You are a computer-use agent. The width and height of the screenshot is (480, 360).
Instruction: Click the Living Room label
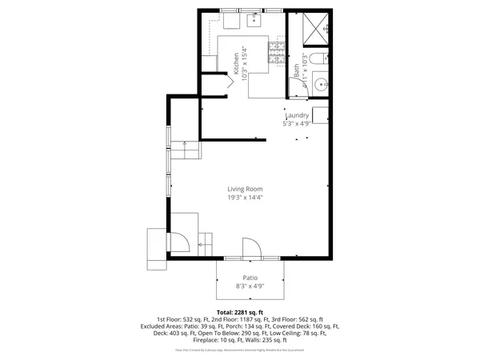[x=244, y=188]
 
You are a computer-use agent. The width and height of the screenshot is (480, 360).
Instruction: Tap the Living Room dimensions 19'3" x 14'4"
[x=244, y=197]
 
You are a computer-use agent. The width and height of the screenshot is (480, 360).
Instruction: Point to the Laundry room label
[x=297, y=115]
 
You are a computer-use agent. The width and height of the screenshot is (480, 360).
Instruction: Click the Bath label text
[x=296, y=70]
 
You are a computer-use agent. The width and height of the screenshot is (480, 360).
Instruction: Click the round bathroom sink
[x=319, y=82]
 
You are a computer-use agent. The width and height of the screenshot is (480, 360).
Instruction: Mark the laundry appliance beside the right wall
[x=321, y=115]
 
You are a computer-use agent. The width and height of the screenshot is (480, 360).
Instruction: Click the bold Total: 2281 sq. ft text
[x=240, y=312]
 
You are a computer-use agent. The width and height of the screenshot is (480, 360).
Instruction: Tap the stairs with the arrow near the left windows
[x=186, y=149]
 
